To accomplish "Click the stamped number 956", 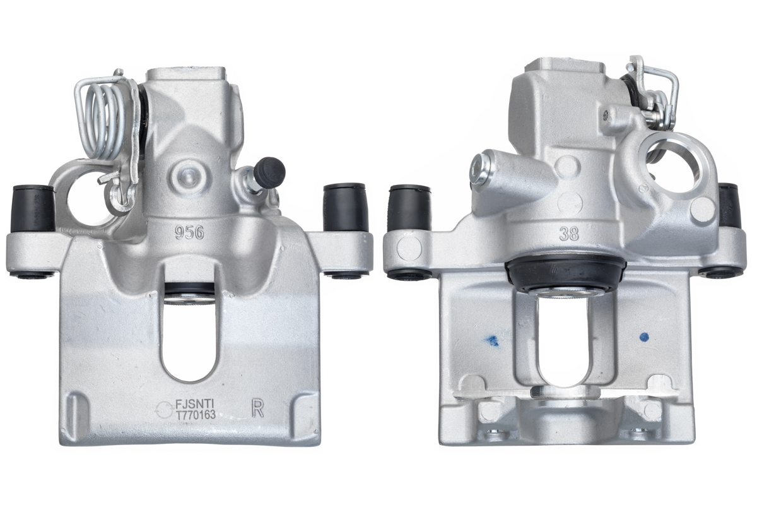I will pyautogui.click(x=189, y=233).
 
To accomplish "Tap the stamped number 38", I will pyautogui.click(x=568, y=234).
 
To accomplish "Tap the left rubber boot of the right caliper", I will pyautogui.click(x=409, y=209).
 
